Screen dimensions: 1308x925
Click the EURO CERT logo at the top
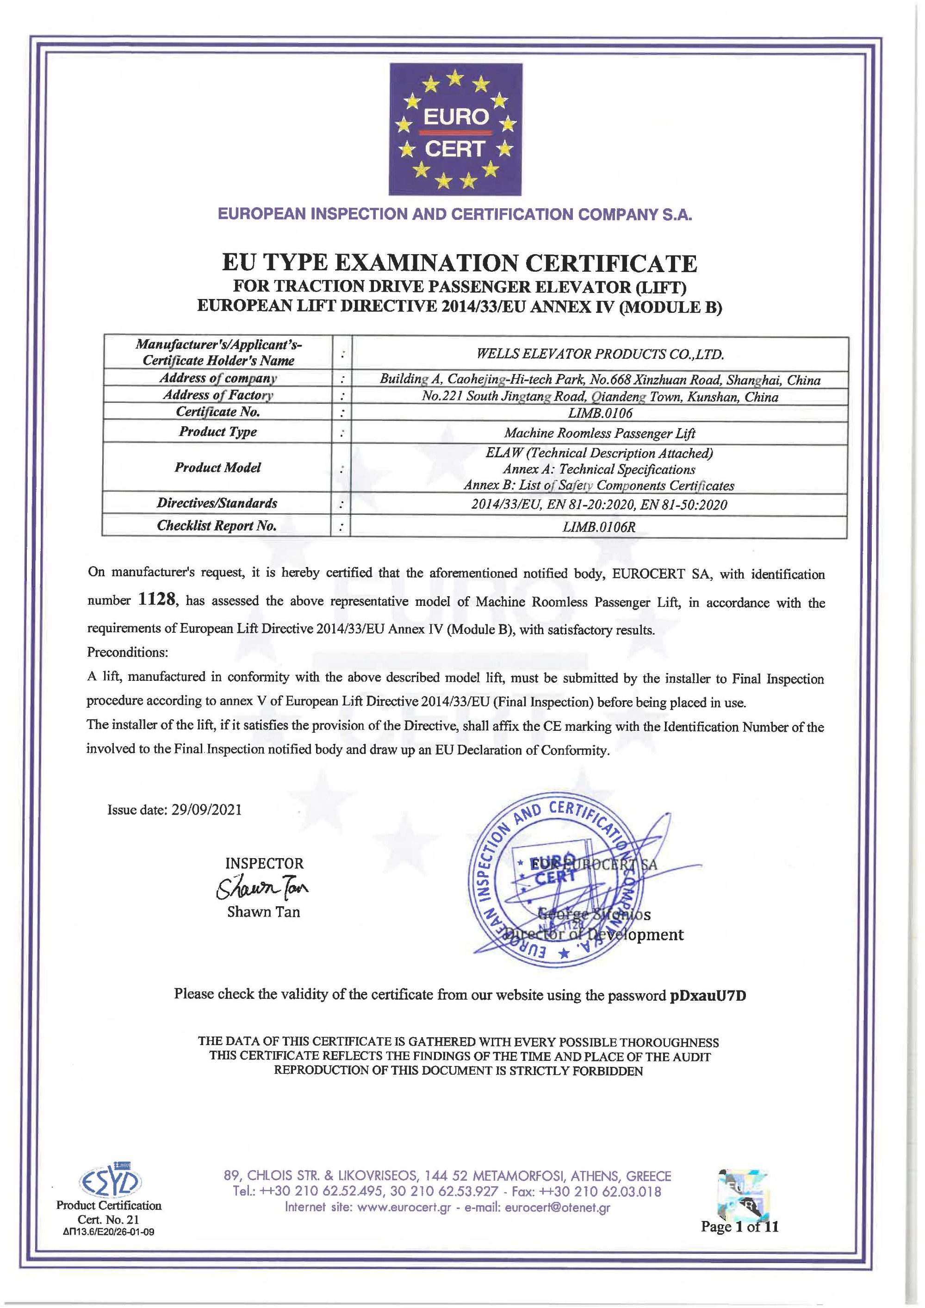click(x=456, y=129)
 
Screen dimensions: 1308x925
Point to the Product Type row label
click(x=217, y=432)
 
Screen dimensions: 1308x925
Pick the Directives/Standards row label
click(x=217, y=503)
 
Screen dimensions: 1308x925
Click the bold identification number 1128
click(x=156, y=600)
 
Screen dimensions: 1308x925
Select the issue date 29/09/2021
click(x=206, y=810)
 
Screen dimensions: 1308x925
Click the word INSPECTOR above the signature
click(x=264, y=864)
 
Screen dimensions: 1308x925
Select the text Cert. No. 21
click(x=108, y=1220)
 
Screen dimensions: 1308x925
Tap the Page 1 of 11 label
click(x=739, y=1227)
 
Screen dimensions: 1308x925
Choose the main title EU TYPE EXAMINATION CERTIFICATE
click(x=459, y=263)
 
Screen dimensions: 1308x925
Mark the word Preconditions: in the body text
click(x=127, y=652)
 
